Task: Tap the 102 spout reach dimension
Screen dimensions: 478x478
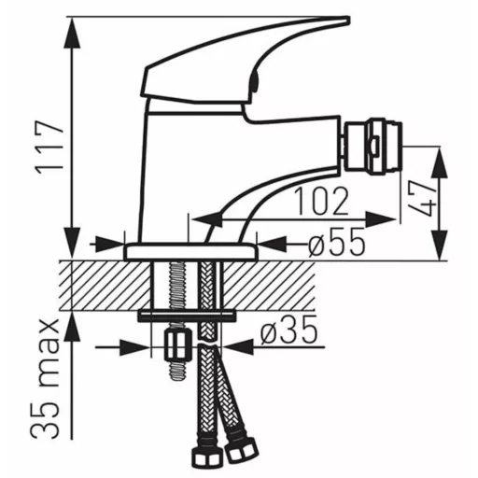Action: click(x=321, y=201)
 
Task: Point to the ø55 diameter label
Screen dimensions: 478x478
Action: click(x=337, y=242)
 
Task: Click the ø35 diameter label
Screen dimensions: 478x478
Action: click(x=288, y=330)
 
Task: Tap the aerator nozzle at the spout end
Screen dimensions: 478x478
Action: click(x=372, y=147)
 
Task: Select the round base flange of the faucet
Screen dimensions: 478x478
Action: click(x=191, y=252)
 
